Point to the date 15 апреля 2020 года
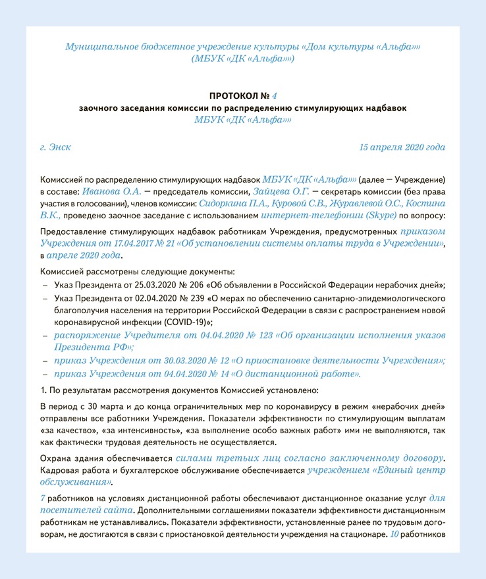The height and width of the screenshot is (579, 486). (402, 146)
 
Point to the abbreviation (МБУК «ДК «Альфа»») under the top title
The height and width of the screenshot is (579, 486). (242, 59)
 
